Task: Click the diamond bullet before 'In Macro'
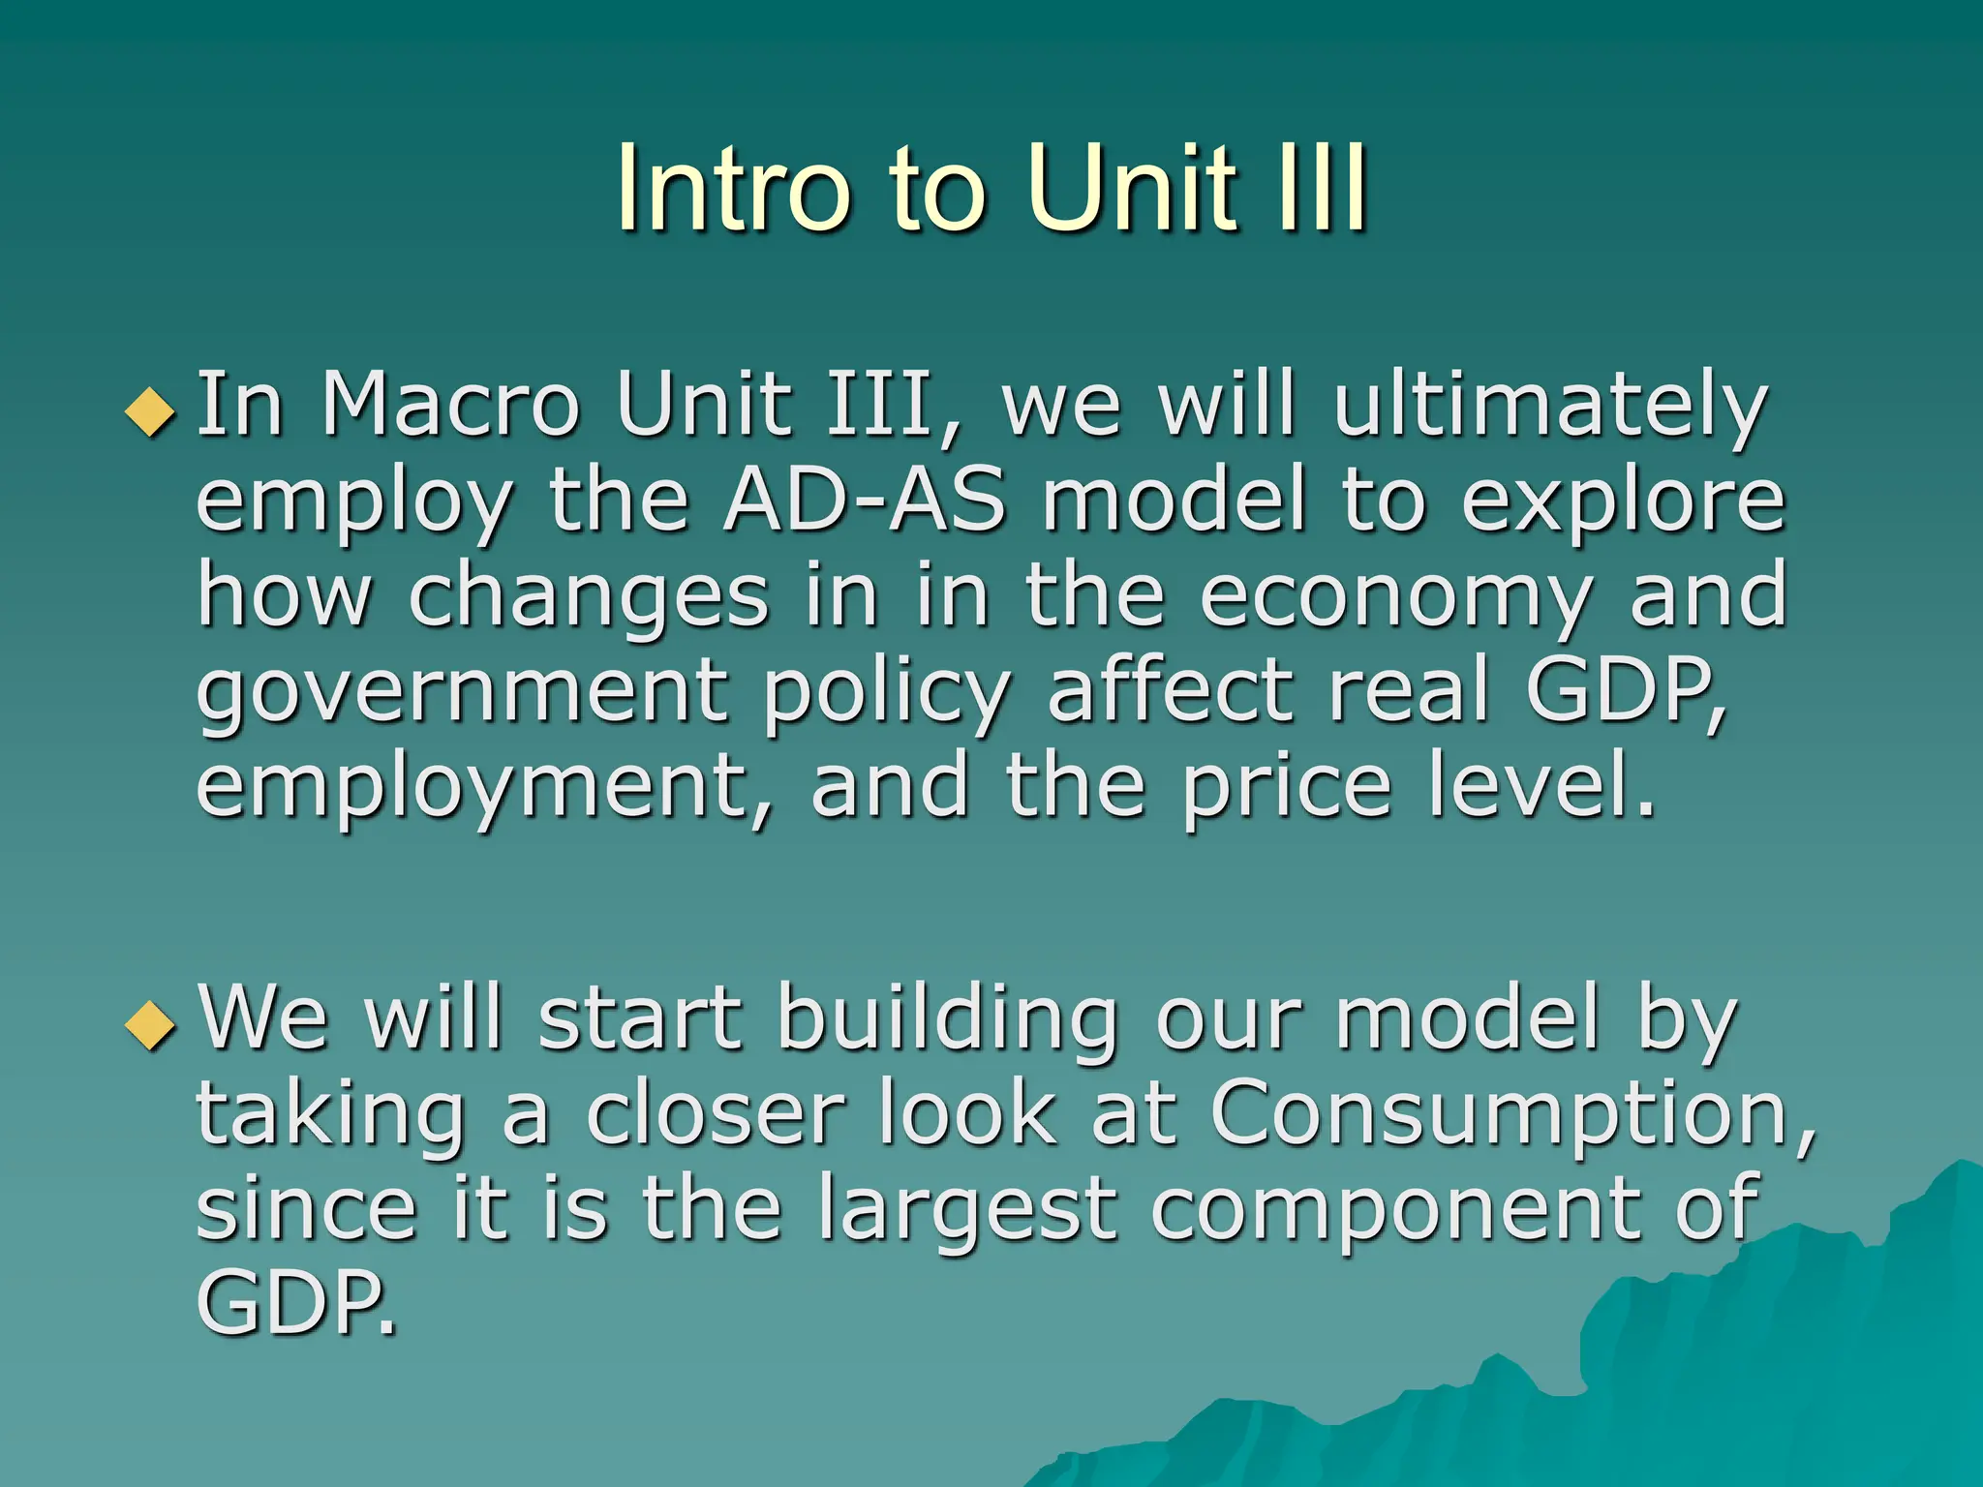tap(151, 412)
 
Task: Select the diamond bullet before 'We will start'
tap(151, 1025)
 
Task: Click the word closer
tap(715, 1114)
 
